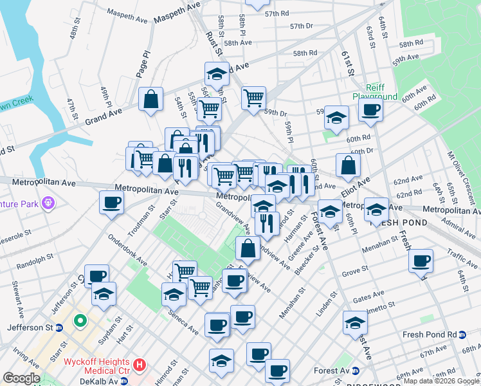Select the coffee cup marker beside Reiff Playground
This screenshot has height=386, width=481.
(x=370, y=110)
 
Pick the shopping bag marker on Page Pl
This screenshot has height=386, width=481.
(x=150, y=100)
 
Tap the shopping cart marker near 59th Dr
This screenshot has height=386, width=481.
(x=253, y=98)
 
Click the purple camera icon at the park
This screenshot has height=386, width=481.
(x=48, y=204)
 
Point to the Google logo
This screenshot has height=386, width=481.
(x=21, y=378)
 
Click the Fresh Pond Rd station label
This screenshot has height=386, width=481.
(x=430, y=335)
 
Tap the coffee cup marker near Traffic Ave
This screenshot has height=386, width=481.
(x=421, y=261)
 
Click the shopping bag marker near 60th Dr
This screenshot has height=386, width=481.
(x=348, y=165)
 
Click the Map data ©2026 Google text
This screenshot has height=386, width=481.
(x=440, y=381)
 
